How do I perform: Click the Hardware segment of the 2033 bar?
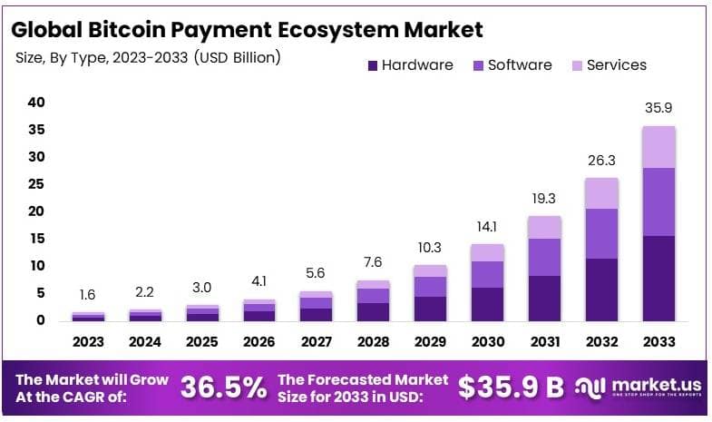pos(658,278)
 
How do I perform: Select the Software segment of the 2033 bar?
pos(658,201)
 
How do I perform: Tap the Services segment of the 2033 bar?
pos(658,147)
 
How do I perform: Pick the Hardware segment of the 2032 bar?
pos(600,290)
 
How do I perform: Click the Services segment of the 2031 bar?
pos(543,227)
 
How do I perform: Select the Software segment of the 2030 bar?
pos(487,274)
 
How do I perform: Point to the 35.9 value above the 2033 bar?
pos(658,108)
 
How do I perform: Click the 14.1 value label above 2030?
pos(487,227)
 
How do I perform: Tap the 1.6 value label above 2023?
pos(89,294)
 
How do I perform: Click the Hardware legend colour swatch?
pos(371,65)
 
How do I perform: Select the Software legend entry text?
pos(519,65)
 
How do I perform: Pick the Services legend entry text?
pos(617,65)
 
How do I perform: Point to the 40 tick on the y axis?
pos(35,103)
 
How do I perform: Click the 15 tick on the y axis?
pos(35,239)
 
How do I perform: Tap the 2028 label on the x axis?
pos(373,342)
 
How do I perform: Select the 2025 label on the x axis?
pos(202,342)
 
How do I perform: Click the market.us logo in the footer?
pos(639,388)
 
